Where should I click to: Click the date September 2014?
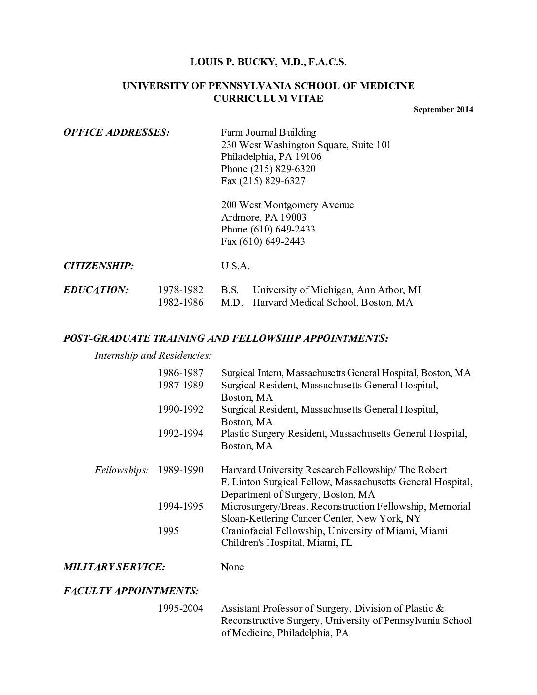[x=443, y=110]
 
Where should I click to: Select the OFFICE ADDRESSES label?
[x=116, y=132]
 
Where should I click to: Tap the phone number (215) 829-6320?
[x=283, y=169]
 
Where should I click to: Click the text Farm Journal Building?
[x=268, y=132]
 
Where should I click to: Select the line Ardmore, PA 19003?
[x=264, y=217]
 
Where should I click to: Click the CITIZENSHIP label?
[x=98, y=266]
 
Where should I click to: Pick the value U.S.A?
[x=235, y=266]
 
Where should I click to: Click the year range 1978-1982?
[x=181, y=290]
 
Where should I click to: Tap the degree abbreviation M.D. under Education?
[x=232, y=302]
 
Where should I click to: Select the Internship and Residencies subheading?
[x=153, y=355]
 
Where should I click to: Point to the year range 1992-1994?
[x=181, y=433]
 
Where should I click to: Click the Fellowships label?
[x=121, y=470]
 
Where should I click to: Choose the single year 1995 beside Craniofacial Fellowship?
[x=168, y=531]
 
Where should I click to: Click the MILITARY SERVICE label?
[x=114, y=567]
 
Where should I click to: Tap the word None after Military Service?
[x=232, y=567]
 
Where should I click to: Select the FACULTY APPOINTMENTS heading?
[x=131, y=591]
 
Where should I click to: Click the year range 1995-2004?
[x=181, y=608]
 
